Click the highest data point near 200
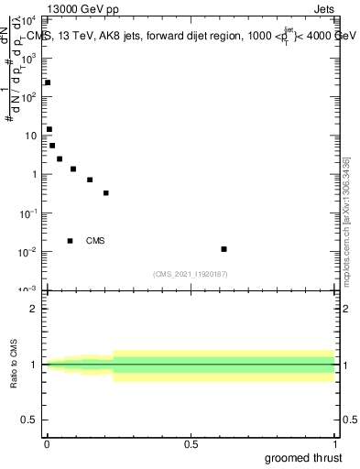[x=48, y=82]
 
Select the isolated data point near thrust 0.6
[x=224, y=249]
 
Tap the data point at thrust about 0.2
[x=106, y=193]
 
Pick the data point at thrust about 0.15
[x=90, y=180]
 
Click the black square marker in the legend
[x=71, y=241]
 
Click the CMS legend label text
[x=95, y=241]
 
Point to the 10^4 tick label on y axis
[x=29, y=19]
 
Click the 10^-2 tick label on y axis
[x=29, y=252]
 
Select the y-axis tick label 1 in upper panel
[x=34, y=174]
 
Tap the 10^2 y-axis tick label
[x=29, y=96]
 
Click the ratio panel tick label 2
[x=35, y=309]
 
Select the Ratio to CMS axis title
[x=14, y=365]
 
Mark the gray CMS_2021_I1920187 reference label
[x=191, y=274]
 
